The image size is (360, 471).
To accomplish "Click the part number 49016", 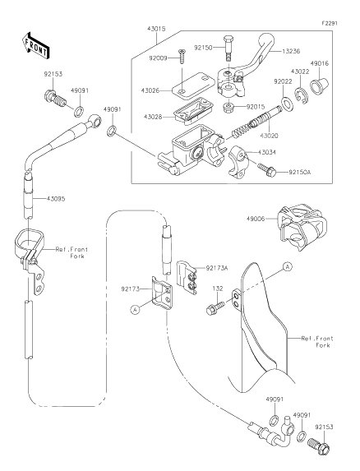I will [321, 62].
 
